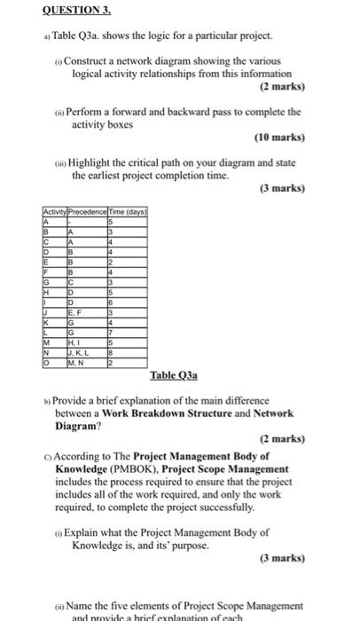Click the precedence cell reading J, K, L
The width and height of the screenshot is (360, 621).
pyautogui.click(x=80, y=353)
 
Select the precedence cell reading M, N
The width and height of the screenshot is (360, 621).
pyautogui.click(x=77, y=363)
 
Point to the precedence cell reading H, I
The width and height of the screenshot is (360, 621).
pyautogui.click(x=74, y=343)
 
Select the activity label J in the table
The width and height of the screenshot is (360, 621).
pyautogui.click(x=45, y=312)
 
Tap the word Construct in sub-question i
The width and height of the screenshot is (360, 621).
pyautogui.click(x=92, y=60)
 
